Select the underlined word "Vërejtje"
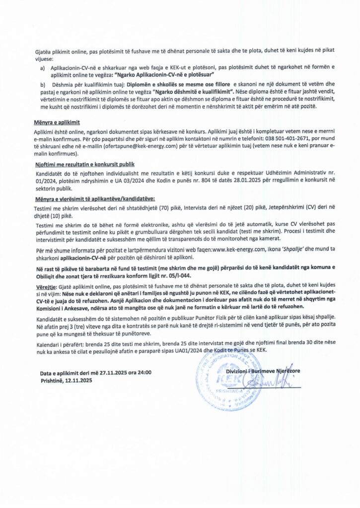[x=46, y=287]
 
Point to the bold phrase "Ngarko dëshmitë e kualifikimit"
[x=193, y=93]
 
